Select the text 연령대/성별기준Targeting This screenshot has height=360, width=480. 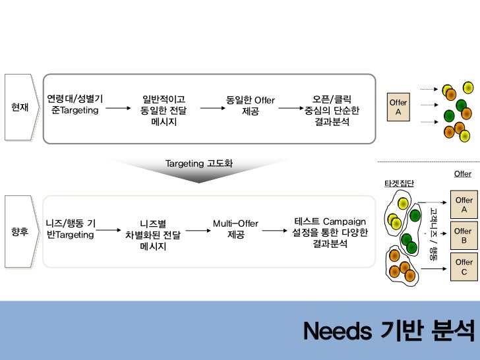[x=75, y=105]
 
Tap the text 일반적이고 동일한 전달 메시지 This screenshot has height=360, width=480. [x=164, y=111]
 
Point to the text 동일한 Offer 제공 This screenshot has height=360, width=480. [x=250, y=105]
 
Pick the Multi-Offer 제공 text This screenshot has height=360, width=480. [x=235, y=229]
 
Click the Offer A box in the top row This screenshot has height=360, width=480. [x=398, y=107]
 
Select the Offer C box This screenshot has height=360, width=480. [x=464, y=267]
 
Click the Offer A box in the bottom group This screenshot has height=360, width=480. [x=464, y=205]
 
